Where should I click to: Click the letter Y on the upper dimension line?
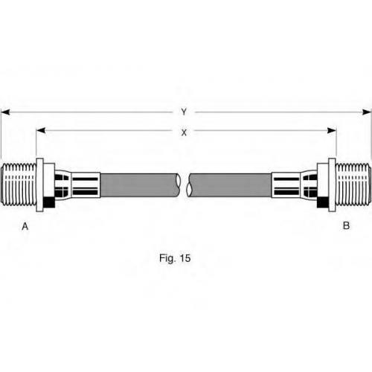point(184,112)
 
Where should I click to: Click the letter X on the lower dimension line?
point(184,133)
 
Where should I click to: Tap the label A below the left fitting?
point(25,226)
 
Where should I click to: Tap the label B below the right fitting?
point(346,225)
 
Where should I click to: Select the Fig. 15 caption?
point(175,258)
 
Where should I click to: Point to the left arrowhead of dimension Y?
point(5,112)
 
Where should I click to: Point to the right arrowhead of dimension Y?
point(367,112)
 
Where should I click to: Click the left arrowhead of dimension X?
point(41,130)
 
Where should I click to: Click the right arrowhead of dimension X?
point(332,130)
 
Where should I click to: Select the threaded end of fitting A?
point(19,185)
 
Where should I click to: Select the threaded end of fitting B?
point(353,185)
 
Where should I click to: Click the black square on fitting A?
point(49,202)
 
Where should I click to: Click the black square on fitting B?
point(323,202)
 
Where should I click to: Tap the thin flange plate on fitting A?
point(39,185)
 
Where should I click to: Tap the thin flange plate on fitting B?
point(333,185)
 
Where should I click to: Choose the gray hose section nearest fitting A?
point(140,185)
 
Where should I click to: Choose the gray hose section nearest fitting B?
point(230,185)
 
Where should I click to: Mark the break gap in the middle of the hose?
point(184,185)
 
